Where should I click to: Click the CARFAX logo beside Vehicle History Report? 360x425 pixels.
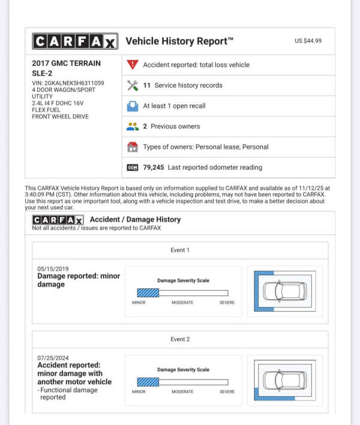(x=75, y=41)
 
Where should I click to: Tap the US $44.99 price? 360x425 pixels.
(x=308, y=41)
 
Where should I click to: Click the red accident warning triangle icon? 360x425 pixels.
(x=133, y=65)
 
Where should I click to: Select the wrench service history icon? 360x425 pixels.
(x=133, y=85)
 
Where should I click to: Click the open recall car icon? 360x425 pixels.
(x=133, y=106)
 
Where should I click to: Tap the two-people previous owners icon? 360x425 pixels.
(x=133, y=126)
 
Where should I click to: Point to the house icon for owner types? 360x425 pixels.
(x=133, y=147)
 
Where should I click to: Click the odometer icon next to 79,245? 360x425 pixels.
(x=133, y=167)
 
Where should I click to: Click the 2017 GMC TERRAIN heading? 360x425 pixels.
(x=66, y=63)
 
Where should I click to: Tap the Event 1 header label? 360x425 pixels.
(x=179, y=250)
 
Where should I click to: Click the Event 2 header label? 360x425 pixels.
(x=179, y=339)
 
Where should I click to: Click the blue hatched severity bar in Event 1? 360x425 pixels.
(x=148, y=293)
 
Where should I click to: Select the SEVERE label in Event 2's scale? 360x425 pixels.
(x=227, y=391)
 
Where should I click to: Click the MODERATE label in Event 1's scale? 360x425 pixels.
(x=182, y=303)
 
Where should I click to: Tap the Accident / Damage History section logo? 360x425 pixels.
(x=58, y=219)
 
